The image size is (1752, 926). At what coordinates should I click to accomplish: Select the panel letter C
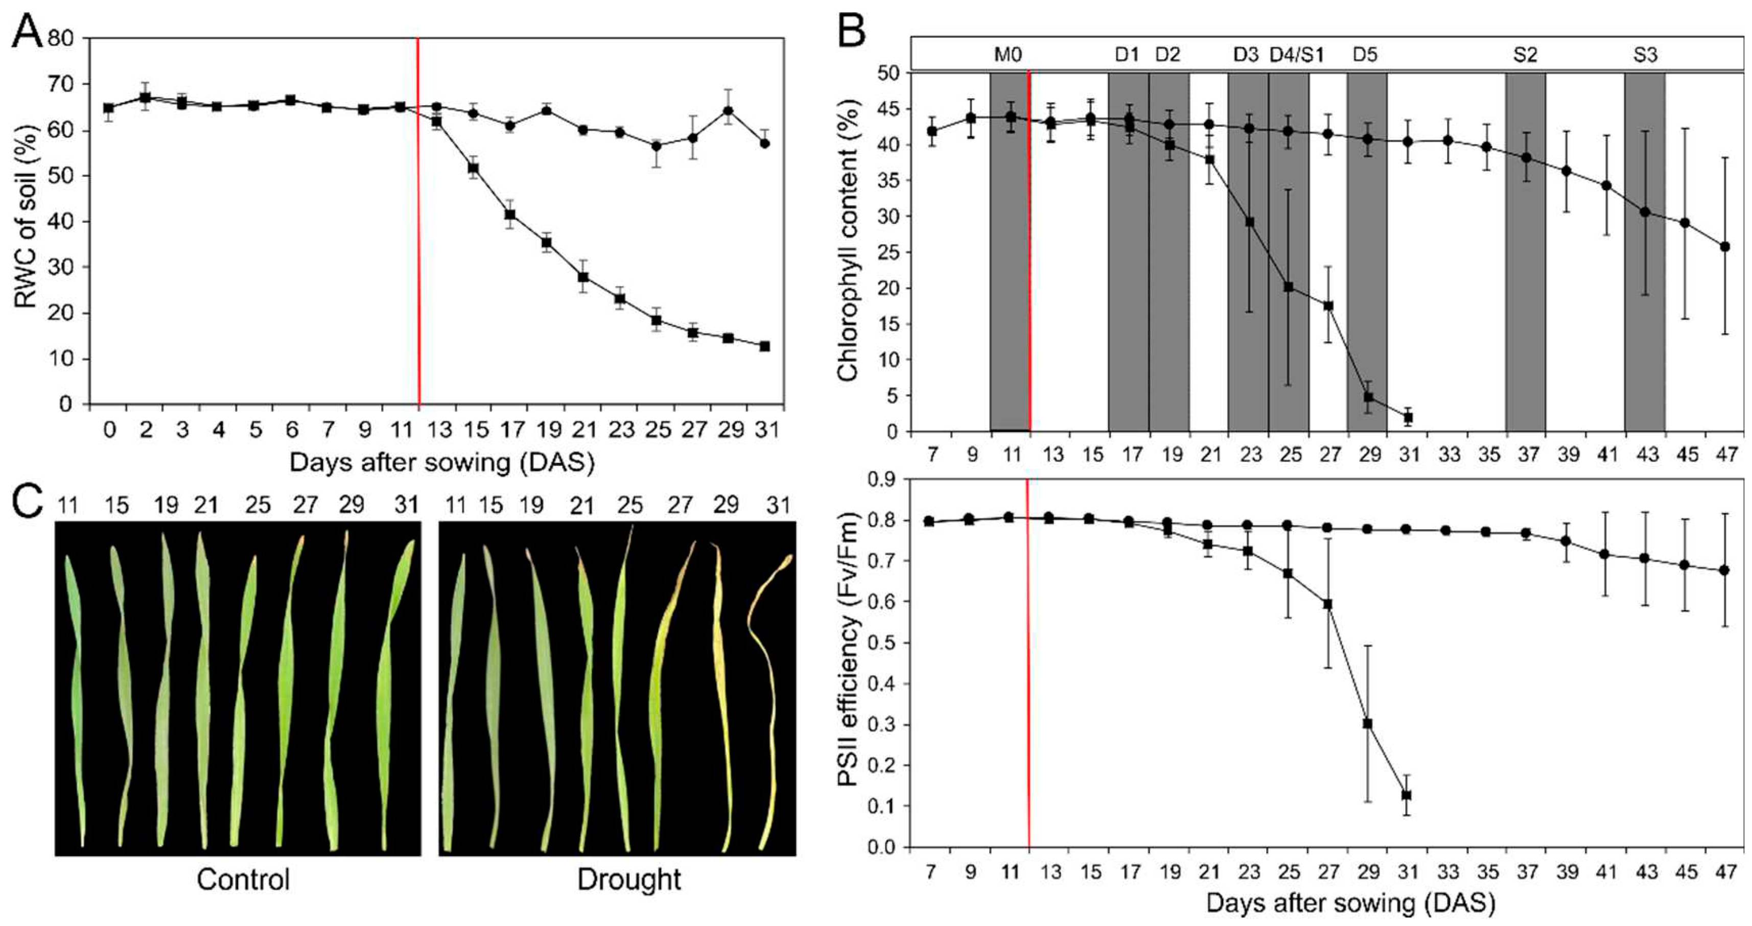click(x=29, y=504)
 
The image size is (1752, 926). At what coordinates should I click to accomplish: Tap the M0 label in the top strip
click(x=1008, y=54)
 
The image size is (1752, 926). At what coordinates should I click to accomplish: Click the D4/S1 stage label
click(x=1297, y=54)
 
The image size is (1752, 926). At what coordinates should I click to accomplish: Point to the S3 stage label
click(x=1645, y=54)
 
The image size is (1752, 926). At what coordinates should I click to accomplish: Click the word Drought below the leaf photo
click(x=628, y=880)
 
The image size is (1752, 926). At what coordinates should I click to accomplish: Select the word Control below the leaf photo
click(x=243, y=880)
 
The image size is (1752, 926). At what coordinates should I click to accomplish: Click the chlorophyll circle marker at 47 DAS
click(x=1725, y=247)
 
